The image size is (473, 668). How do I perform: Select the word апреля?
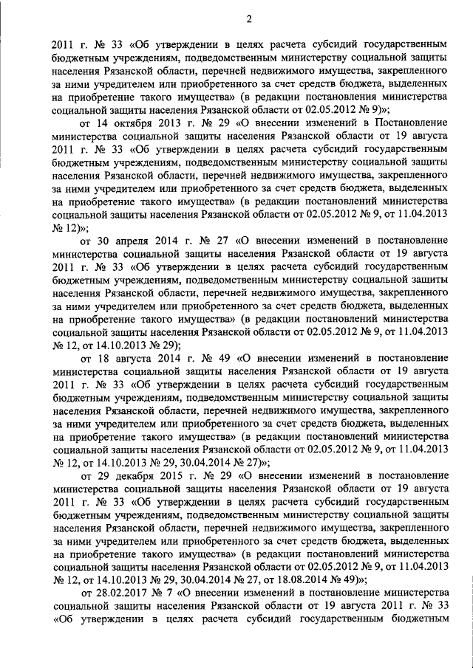138,241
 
